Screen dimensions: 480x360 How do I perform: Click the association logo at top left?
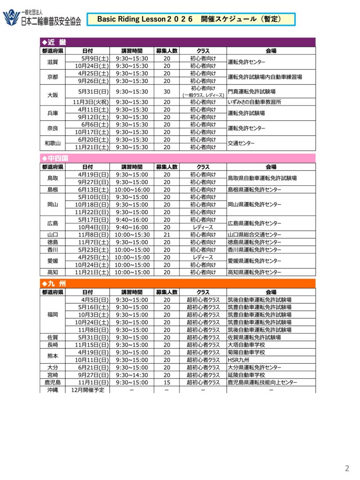(x=42, y=18)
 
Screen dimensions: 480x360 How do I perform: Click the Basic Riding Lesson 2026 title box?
(x=191, y=19)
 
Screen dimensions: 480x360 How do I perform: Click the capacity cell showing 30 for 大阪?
(x=167, y=92)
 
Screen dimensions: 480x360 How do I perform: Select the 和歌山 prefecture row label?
(x=52, y=143)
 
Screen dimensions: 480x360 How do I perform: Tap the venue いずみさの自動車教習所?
(x=255, y=102)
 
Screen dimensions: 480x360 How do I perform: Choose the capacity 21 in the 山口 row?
(x=167, y=235)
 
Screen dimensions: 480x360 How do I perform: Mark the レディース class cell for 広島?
(x=203, y=227)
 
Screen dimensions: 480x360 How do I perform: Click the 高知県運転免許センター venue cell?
(x=254, y=272)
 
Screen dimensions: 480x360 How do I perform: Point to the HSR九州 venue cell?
(x=238, y=360)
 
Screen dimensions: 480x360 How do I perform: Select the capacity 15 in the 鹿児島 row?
(x=167, y=383)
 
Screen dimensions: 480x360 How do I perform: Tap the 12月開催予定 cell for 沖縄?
(x=87, y=390)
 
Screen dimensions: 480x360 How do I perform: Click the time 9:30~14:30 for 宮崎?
(x=132, y=375)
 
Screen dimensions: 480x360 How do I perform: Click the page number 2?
(x=347, y=468)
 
